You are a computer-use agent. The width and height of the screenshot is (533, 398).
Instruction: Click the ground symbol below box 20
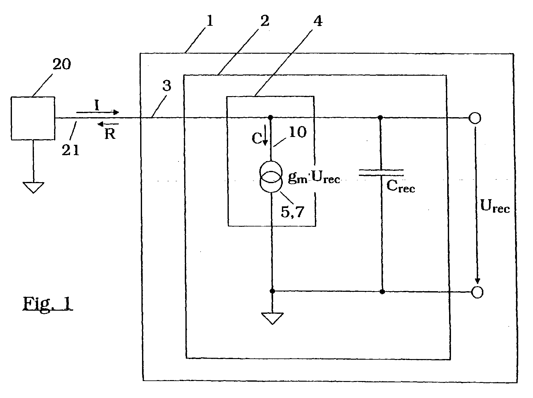coord(33,188)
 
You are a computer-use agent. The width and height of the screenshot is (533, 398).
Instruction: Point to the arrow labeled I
coord(97,112)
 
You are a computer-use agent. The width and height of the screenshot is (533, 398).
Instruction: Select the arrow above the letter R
coord(108,124)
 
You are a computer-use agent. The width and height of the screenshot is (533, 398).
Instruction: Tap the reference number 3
coord(167,85)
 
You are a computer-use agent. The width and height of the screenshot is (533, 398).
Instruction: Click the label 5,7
coord(292,212)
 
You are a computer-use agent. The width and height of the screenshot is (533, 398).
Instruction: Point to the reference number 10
coord(297,132)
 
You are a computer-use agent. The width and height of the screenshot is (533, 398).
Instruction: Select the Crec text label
coord(400,186)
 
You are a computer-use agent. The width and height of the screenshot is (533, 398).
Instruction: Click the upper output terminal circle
coord(475,118)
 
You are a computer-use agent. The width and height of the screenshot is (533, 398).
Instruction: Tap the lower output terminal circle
coord(477,292)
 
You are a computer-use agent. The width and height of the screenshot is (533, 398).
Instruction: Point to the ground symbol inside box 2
coord(272,318)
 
